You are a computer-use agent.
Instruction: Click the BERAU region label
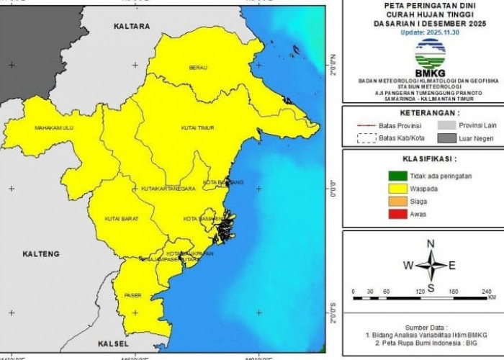pos(198,68)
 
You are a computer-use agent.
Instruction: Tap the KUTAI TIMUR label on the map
pos(197,127)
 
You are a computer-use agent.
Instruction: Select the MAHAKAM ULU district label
pos(54,128)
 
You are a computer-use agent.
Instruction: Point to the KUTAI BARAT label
pos(120,218)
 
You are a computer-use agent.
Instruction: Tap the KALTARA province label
pos(132,26)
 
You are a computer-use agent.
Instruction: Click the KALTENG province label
pos(40,254)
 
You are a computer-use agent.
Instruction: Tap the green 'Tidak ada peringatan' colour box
pos(397,176)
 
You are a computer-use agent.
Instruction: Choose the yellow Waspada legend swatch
pos(397,189)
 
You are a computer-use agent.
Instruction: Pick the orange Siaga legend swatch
pos(397,202)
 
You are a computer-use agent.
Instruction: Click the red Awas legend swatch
pos(397,214)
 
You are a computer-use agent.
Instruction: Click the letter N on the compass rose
pos(431,243)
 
